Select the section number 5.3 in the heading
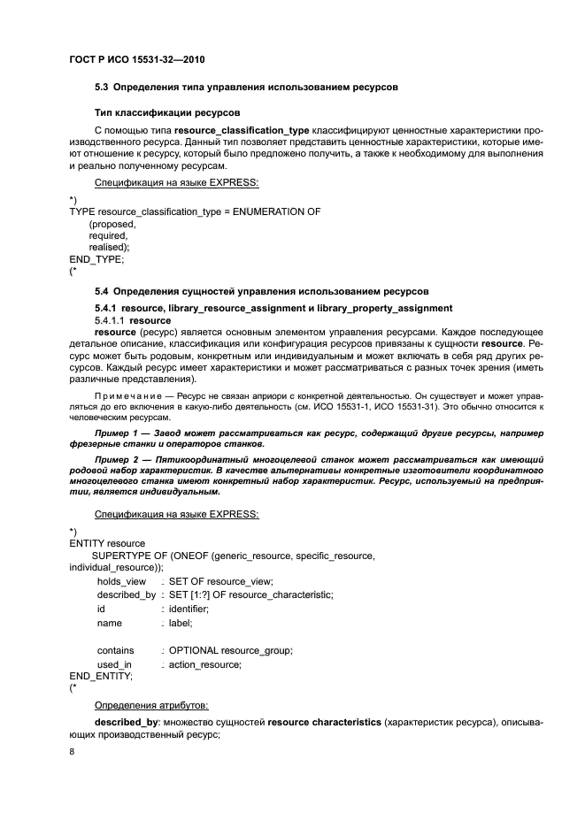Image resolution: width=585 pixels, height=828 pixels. [x=102, y=88]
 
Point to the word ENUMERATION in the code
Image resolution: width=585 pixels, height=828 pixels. [x=272, y=211]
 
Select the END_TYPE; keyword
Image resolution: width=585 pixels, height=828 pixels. [x=96, y=260]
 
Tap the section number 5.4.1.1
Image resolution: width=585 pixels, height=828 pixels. [x=111, y=319]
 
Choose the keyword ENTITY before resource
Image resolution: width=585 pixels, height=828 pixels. [x=86, y=542]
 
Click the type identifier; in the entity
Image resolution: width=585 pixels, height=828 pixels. [x=189, y=609]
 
